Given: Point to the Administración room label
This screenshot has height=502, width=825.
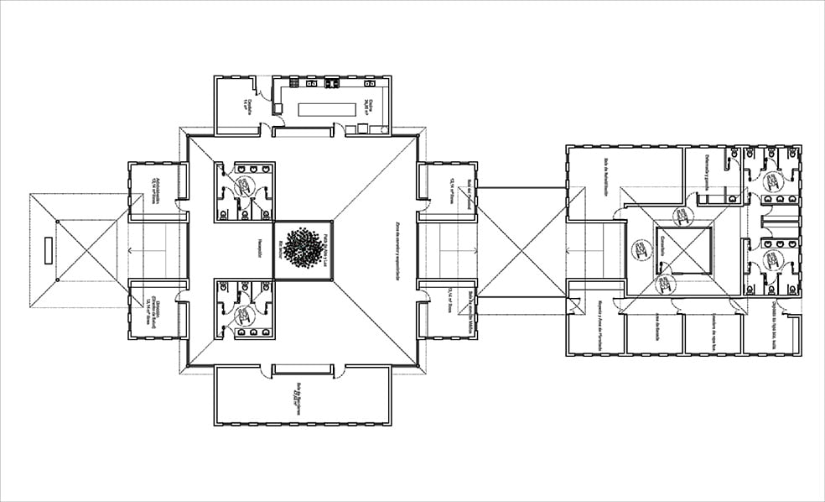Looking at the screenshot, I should point(156,191).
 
